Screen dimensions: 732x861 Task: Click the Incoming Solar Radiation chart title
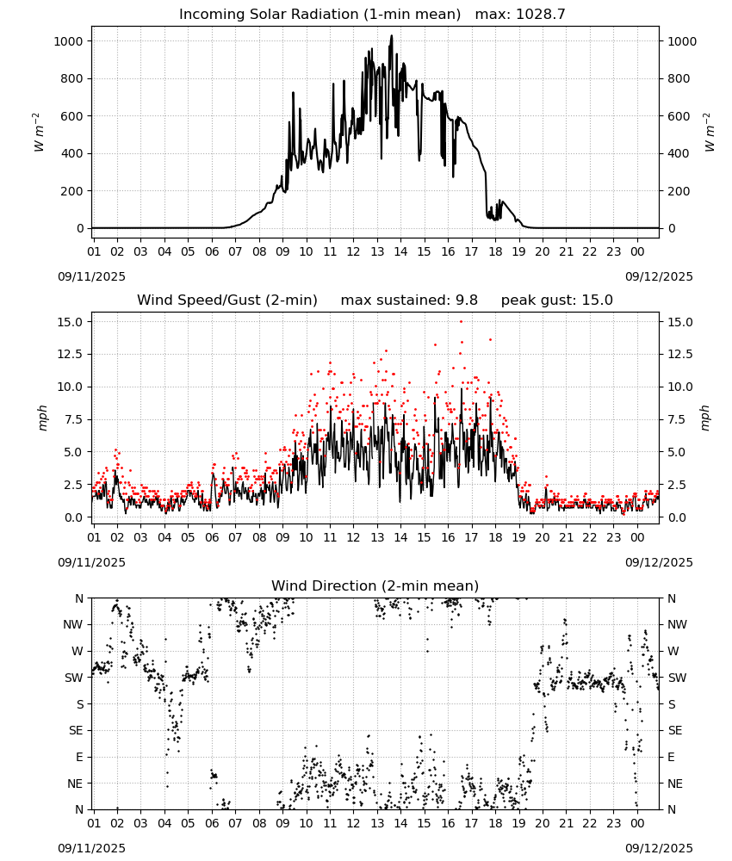(319, 15)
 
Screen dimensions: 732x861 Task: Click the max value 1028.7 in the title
(540, 15)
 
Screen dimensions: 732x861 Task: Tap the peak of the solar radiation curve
(392, 35)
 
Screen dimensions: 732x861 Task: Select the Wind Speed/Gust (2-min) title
(227, 300)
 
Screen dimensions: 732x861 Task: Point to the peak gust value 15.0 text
(596, 300)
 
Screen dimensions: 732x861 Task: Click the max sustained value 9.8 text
(467, 300)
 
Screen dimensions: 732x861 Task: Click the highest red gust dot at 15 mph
(462, 321)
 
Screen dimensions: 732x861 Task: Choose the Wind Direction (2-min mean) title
(375, 585)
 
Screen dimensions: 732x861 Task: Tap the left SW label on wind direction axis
(74, 678)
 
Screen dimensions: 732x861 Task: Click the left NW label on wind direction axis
(73, 624)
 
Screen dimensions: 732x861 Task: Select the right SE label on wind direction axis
(675, 730)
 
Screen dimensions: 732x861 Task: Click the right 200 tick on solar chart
(679, 191)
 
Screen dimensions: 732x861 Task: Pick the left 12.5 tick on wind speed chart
(71, 354)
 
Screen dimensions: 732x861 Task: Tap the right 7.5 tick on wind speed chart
(677, 419)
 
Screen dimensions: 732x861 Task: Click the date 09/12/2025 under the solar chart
(659, 276)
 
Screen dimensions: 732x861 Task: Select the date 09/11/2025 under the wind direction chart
(91, 848)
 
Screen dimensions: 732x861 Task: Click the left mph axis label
(42, 418)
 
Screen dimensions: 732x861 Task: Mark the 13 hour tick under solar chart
(377, 251)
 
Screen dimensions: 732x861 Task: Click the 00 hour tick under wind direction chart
(637, 823)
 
